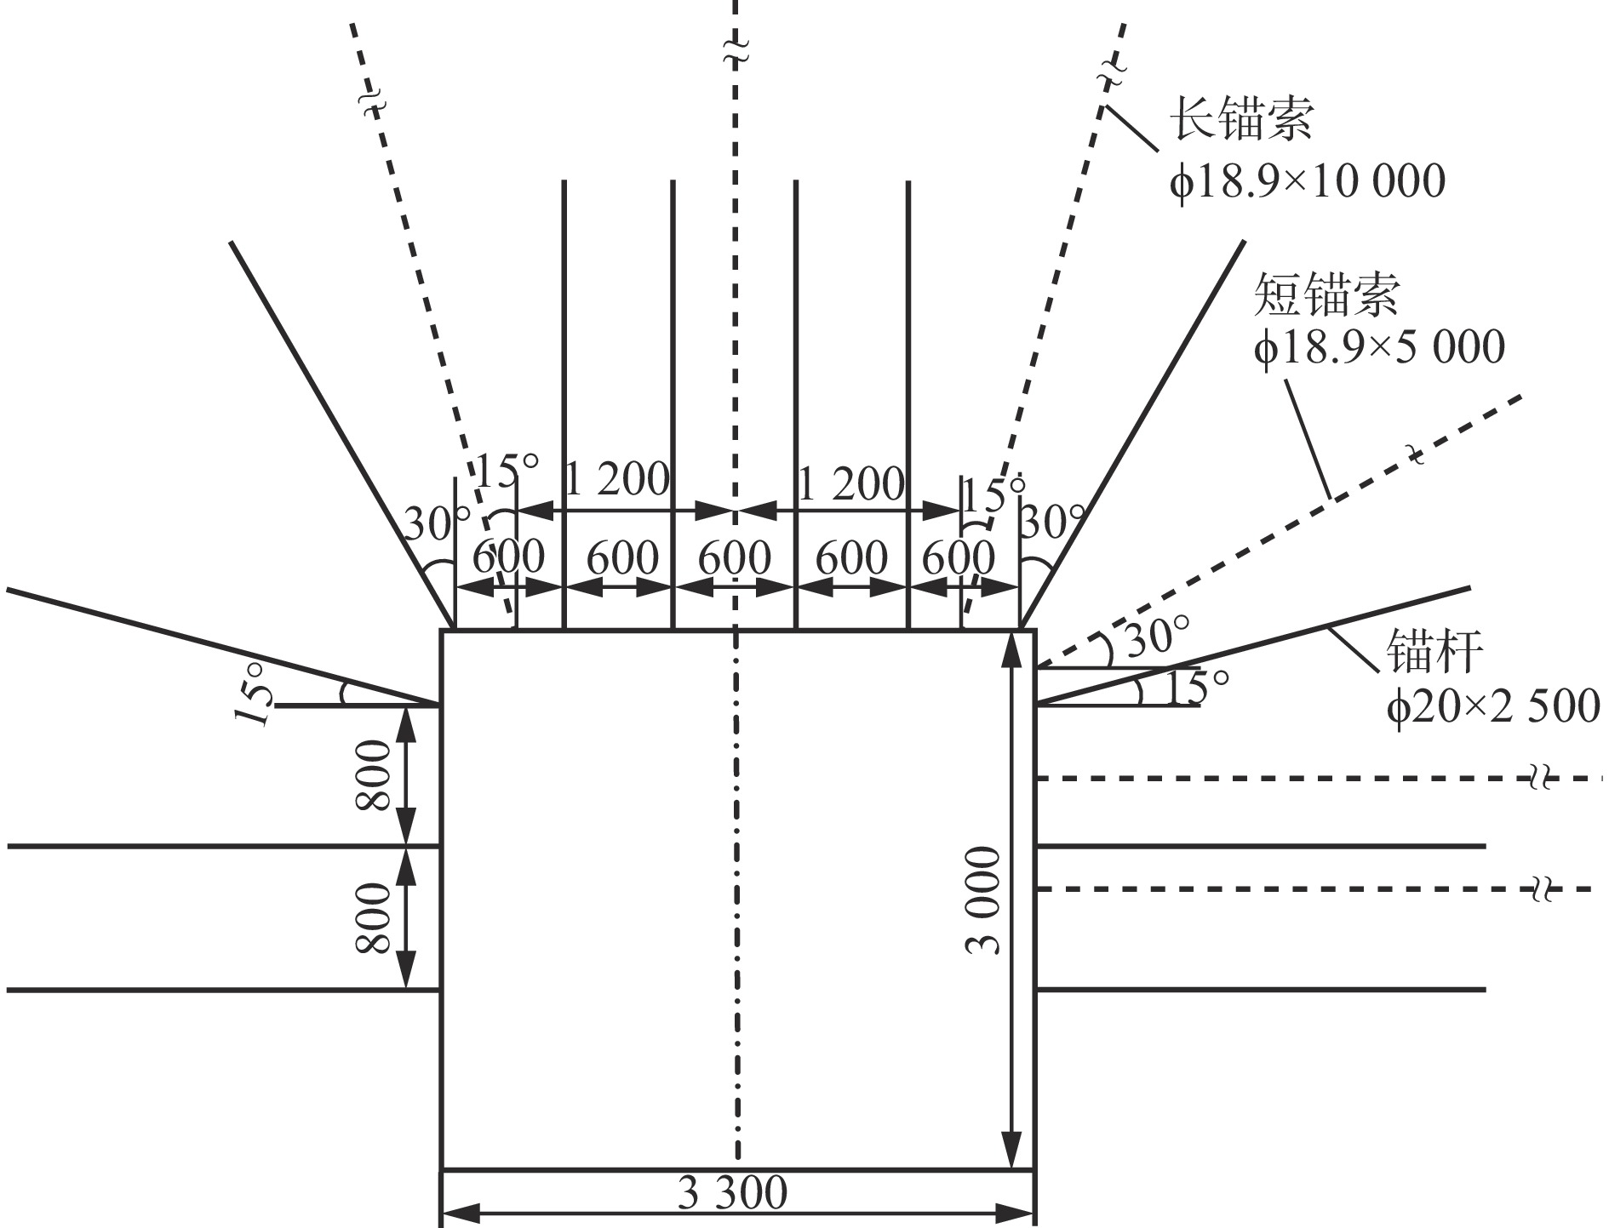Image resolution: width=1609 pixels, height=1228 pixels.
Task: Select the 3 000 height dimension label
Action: [985, 900]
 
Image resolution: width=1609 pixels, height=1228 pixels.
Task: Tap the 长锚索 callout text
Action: [1242, 118]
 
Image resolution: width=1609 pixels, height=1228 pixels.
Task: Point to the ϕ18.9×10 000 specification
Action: [1308, 181]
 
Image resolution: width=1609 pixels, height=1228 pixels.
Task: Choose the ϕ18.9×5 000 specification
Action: [1379, 347]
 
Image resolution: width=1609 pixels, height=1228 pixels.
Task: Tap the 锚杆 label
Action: [1435, 651]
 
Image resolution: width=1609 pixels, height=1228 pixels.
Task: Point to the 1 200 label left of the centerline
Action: [616, 481]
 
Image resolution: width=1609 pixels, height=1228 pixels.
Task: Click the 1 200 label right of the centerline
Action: [850, 484]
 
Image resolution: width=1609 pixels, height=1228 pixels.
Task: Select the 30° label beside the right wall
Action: [1156, 639]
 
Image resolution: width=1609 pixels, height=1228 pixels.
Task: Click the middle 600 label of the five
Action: [734, 559]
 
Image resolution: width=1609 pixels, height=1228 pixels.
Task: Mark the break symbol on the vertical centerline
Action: [736, 49]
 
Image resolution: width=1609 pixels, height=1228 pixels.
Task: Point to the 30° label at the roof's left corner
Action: [436, 523]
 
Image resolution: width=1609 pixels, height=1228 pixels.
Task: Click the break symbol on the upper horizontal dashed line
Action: [1537, 778]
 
